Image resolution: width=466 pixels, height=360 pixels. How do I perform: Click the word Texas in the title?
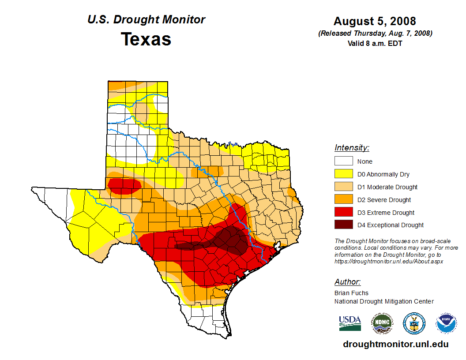(146, 39)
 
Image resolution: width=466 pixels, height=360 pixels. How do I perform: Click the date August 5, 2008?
(375, 21)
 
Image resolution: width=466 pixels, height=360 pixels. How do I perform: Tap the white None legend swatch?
(343, 161)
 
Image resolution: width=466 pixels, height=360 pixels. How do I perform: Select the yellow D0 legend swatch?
(343, 174)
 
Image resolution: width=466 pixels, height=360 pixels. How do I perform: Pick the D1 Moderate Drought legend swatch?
(343, 187)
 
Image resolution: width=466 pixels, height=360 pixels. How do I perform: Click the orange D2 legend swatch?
(343, 200)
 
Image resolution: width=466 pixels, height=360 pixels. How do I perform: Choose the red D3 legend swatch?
(343, 213)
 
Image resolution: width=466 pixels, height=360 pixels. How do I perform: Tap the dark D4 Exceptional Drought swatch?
(343, 225)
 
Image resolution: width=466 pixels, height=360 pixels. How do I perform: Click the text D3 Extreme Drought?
(386, 213)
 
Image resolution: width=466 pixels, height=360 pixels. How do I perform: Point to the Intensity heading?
(352, 148)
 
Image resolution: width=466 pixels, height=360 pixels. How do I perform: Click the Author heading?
(347, 282)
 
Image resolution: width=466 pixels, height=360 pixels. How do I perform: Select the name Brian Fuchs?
(351, 293)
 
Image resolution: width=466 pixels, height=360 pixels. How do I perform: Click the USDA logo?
(350, 323)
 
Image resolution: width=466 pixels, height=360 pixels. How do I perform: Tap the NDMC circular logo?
(382, 323)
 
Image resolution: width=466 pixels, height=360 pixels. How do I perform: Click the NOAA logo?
(446, 323)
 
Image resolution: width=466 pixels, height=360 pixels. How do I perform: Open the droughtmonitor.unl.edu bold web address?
(395, 345)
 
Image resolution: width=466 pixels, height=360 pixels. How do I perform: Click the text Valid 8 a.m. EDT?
(375, 43)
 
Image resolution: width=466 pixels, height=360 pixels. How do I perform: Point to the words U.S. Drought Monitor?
(146, 20)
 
